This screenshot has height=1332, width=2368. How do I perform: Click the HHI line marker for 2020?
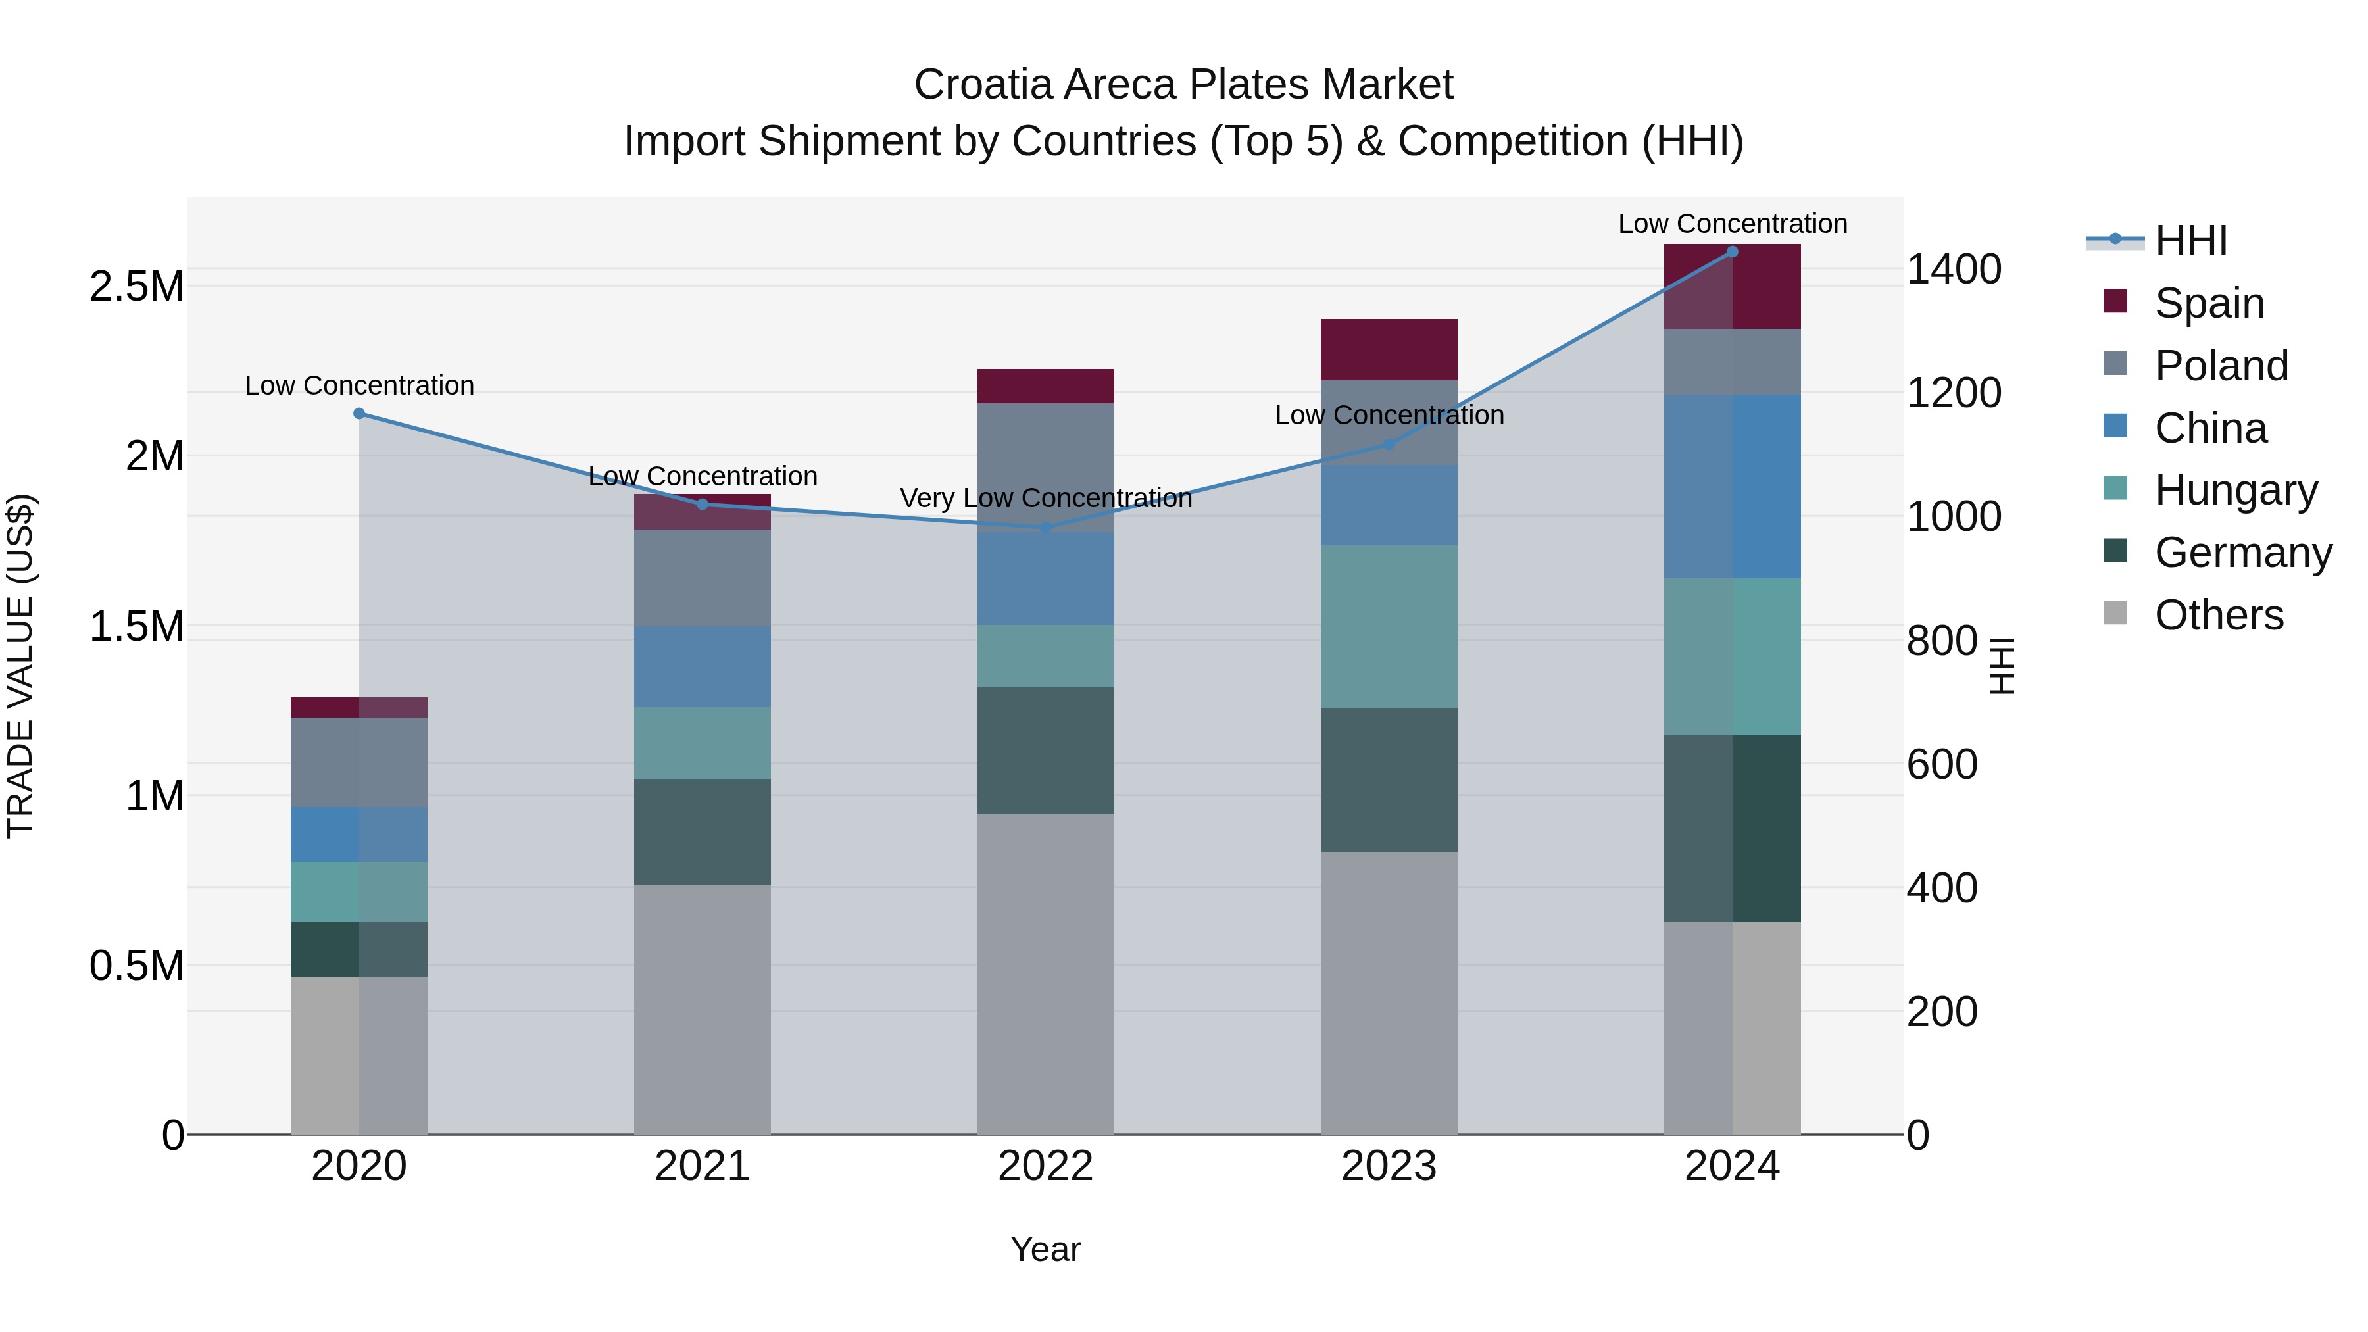coord(359,414)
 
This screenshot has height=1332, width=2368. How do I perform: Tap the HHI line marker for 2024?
coord(1732,252)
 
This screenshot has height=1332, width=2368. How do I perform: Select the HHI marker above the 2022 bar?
coord(1045,528)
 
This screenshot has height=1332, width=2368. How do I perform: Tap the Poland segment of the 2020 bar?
coord(359,762)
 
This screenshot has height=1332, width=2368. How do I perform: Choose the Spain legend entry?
coord(2208,303)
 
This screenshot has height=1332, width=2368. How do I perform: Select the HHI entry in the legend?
coord(2190,241)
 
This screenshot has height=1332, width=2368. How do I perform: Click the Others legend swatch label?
coord(2217,615)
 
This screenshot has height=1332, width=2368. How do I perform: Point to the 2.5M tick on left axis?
coord(136,287)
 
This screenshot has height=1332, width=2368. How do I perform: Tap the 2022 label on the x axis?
coord(1045,1166)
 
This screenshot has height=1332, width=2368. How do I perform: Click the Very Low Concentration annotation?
coord(1045,498)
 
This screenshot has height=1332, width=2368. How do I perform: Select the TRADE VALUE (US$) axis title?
coord(20,666)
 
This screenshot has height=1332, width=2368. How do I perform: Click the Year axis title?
coord(1045,1249)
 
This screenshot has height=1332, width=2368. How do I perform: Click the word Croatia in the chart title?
coord(983,85)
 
